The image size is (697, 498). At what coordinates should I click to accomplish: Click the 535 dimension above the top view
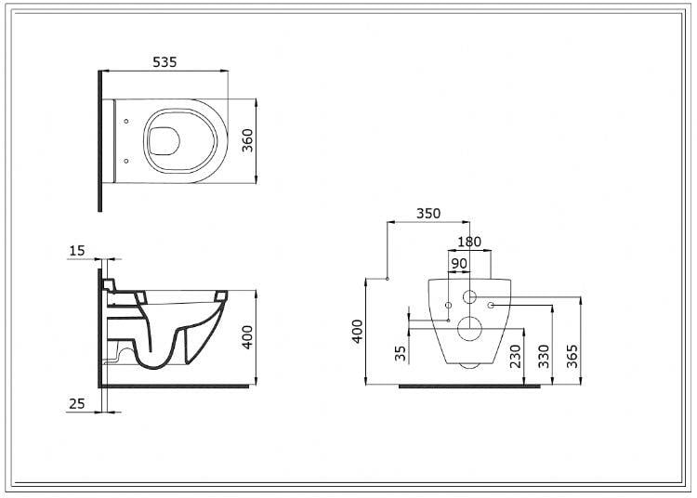pyautogui.click(x=164, y=61)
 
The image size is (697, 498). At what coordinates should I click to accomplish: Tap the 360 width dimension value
pyautogui.click(x=247, y=140)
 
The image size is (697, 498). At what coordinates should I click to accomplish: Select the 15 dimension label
pyautogui.click(x=77, y=251)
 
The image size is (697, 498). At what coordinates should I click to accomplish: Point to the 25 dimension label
pyautogui.click(x=77, y=403)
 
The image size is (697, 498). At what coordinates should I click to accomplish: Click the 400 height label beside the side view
pyautogui.click(x=247, y=337)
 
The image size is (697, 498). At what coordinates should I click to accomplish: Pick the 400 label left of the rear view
pyautogui.click(x=358, y=332)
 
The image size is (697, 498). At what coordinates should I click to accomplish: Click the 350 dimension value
pyautogui.click(x=428, y=214)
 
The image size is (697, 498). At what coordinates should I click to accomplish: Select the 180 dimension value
pyautogui.click(x=469, y=242)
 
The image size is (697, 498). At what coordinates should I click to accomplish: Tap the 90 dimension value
pyautogui.click(x=459, y=264)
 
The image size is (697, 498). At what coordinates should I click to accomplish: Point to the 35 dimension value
pyautogui.click(x=401, y=354)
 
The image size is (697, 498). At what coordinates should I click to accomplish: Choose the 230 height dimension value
pyautogui.click(x=515, y=357)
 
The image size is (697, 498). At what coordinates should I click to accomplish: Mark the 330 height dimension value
pyautogui.click(x=544, y=357)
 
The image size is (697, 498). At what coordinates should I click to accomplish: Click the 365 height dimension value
pyautogui.click(x=572, y=357)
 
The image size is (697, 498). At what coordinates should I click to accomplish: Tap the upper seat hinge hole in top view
pyautogui.click(x=126, y=121)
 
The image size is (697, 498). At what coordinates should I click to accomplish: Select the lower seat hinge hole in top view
pyautogui.click(x=126, y=161)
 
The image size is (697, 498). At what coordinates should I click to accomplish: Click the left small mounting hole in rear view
pyautogui.click(x=449, y=305)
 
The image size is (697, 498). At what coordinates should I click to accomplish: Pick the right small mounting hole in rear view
pyautogui.click(x=491, y=305)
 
